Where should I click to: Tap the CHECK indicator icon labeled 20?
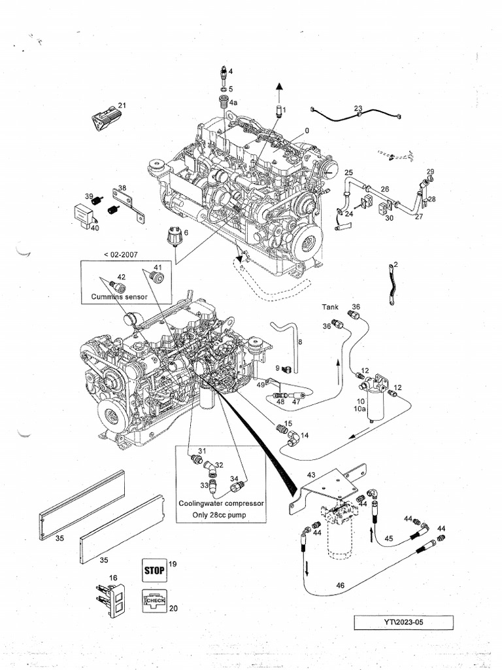[153, 600]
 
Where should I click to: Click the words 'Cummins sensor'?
[118, 296]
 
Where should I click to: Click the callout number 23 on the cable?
[358, 108]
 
